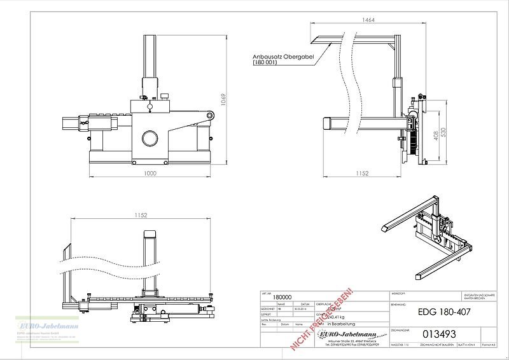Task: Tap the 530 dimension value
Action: coord(445,132)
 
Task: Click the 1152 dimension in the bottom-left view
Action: coord(141,216)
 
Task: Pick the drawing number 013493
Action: coord(439,334)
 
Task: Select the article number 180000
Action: coord(282,296)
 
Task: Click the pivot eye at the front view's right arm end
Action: coord(209,115)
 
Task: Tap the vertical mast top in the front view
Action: coord(150,38)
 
